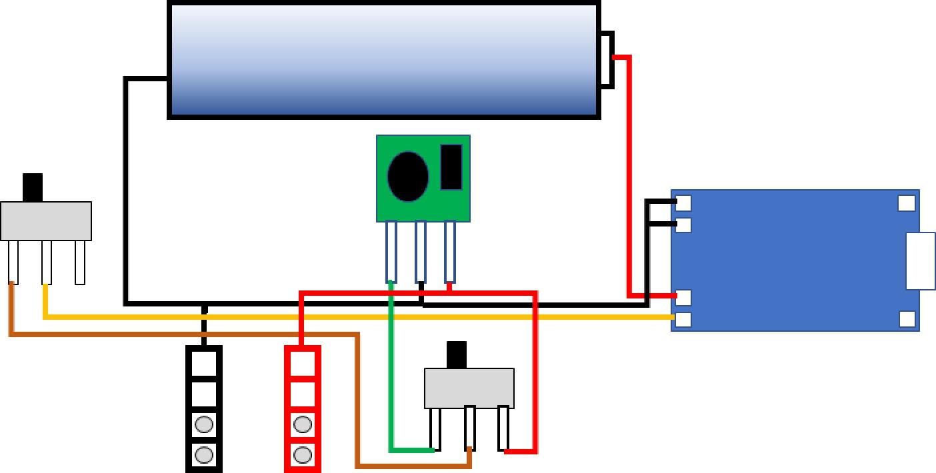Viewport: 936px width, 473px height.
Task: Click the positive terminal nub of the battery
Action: coord(607,59)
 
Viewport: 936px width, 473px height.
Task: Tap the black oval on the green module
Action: coord(408,176)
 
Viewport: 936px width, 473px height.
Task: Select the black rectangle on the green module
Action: coord(451,167)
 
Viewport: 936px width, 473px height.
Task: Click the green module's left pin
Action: coord(391,252)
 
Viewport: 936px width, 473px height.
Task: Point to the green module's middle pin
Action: coord(421,252)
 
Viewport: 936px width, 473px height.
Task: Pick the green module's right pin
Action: coord(450,252)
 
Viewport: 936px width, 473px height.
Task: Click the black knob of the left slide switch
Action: coord(33,187)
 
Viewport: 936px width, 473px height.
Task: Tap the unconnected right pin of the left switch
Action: coord(80,262)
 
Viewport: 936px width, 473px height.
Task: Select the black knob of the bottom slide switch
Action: coord(457,354)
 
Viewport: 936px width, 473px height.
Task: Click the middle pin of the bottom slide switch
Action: coord(470,426)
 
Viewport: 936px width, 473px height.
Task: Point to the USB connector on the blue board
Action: coord(920,260)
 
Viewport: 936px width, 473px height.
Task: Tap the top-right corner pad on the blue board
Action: coord(907,203)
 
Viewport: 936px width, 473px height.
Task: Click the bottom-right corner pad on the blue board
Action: coord(907,319)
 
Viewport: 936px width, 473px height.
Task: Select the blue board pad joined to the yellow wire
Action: coord(683,319)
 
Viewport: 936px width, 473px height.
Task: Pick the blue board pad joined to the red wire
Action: coord(683,296)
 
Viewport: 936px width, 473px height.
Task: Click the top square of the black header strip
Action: coord(204,363)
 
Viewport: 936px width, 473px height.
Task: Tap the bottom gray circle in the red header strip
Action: coord(303,455)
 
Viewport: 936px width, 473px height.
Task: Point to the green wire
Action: coord(391,373)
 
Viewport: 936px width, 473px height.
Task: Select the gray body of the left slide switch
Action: coord(46,221)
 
